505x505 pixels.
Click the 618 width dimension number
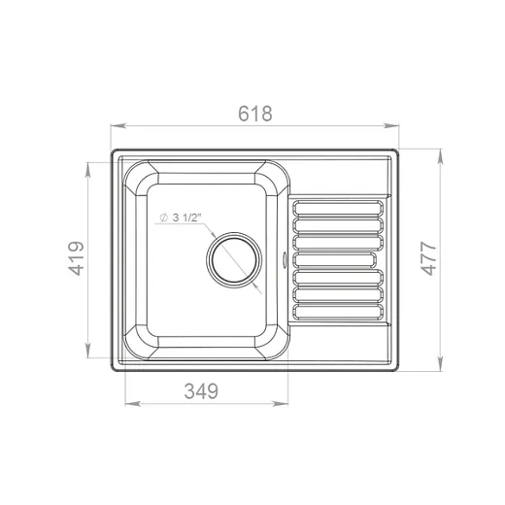(x=255, y=114)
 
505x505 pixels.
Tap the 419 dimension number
(x=77, y=258)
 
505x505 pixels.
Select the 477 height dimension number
(x=428, y=258)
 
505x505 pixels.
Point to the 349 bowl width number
(x=201, y=391)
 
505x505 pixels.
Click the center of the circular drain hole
(x=234, y=259)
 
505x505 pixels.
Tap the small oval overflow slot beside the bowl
(x=285, y=259)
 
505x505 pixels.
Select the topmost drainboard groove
(x=338, y=208)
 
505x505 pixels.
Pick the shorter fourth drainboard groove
(x=334, y=260)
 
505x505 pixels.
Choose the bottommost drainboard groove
(x=338, y=312)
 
